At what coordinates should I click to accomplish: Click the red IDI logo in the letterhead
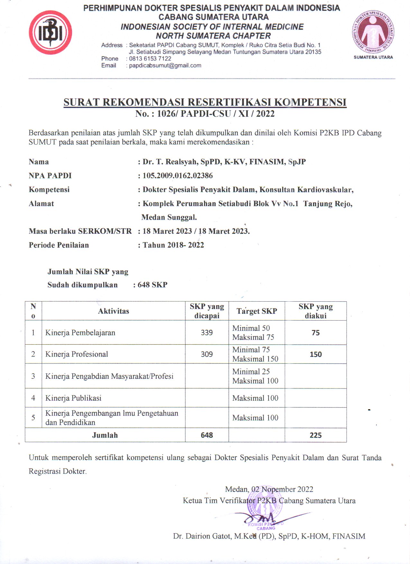coord(50,32)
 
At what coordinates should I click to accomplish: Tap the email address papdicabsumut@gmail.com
coord(165,66)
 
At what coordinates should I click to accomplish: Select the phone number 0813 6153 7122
coord(150,59)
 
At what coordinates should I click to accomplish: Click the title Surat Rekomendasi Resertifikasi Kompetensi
coord(205,102)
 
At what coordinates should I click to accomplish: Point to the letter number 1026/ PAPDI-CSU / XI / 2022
coord(205,114)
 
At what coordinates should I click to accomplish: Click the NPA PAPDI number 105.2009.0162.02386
coord(178,176)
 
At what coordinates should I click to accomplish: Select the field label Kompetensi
coord(49,190)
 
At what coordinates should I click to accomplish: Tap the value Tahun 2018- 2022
coord(173,245)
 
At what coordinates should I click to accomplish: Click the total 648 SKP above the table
coord(152,285)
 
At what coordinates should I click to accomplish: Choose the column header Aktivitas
coord(114,311)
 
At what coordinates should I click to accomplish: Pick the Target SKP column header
coord(257,311)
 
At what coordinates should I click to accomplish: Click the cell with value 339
coord(207,332)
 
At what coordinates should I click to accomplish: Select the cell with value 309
coord(207,354)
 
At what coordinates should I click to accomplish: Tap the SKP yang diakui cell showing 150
coord(315,354)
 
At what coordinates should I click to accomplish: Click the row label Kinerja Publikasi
coord(73,398)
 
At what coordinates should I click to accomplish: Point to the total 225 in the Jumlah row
coord(315,435)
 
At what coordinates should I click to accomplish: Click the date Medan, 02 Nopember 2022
coord(269,489)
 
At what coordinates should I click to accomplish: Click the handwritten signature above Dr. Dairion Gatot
coord(264,518)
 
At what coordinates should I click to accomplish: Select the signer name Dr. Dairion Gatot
coord(269,536)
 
